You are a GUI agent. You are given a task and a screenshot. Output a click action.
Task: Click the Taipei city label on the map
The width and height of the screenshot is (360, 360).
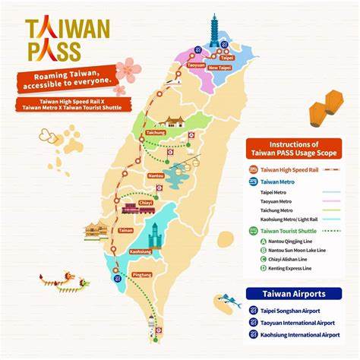pos(226,57)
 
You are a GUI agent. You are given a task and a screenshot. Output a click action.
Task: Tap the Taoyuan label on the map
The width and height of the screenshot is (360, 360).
pos(196,66)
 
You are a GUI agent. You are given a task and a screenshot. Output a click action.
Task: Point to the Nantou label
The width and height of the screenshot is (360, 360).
pos(156,175)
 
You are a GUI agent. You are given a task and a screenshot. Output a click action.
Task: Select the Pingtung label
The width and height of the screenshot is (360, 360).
pos(141,274)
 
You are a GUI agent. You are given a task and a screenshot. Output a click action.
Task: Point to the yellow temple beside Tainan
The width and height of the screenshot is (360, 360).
pos(96,230)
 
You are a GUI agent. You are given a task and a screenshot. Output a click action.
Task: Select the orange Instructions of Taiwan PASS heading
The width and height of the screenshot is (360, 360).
pos(298,148)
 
